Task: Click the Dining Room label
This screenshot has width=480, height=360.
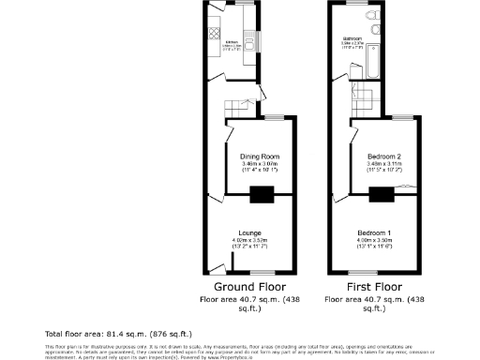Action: [260, 156]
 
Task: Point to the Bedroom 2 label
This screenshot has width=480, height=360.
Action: [384, 156]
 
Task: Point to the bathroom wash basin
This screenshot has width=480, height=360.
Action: [372, 35]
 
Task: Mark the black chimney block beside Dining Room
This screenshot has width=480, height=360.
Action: [262, 194]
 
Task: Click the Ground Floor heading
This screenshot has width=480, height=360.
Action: [250, 287]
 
